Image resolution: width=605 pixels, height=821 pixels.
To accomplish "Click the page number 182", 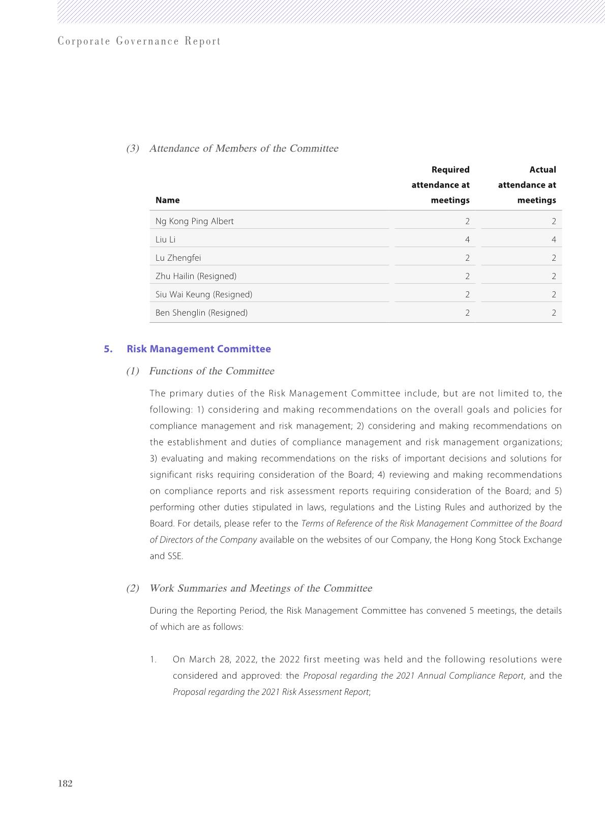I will [66, 783].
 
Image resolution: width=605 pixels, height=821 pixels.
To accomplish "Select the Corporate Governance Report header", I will [139, 41].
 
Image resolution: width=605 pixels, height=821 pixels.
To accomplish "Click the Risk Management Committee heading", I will [199, 349].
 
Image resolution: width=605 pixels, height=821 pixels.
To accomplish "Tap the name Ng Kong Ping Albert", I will [194, 221].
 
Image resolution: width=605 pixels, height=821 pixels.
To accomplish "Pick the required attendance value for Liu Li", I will [467, 239].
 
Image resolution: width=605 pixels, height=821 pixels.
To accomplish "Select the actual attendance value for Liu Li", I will [553, 239].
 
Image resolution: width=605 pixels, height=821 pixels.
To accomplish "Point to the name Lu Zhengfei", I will [178, 258].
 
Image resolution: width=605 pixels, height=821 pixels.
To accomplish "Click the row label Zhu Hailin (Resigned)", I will [196, 276].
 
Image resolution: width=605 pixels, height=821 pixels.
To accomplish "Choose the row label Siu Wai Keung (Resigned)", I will [203, 294].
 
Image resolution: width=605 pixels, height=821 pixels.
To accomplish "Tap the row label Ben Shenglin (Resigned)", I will [201, 313].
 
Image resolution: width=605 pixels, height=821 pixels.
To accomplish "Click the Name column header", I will [167, 200].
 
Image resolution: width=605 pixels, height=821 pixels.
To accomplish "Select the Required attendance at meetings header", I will [441, 185].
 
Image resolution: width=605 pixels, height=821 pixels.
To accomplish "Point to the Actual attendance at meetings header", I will [527, 185].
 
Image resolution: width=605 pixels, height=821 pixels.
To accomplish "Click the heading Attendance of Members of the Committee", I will [244, 148].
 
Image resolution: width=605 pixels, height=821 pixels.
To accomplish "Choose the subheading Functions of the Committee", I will [211, 371].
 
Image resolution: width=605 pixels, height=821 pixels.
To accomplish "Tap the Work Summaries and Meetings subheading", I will [260, 588].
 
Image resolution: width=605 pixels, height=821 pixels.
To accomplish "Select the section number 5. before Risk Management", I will [108, 349].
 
